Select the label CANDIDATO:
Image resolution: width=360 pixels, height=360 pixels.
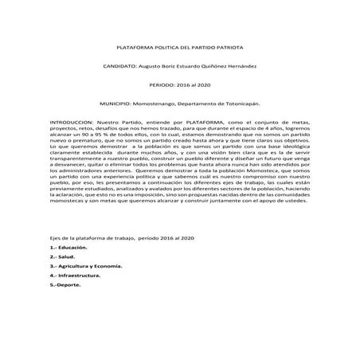click(x=120, y=66)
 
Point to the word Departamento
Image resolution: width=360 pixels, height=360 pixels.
click(x=204, y=104)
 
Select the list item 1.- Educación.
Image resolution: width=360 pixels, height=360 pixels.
click(x=68, y=248)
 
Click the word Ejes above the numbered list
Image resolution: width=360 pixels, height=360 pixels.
click(x=56, y=238)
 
